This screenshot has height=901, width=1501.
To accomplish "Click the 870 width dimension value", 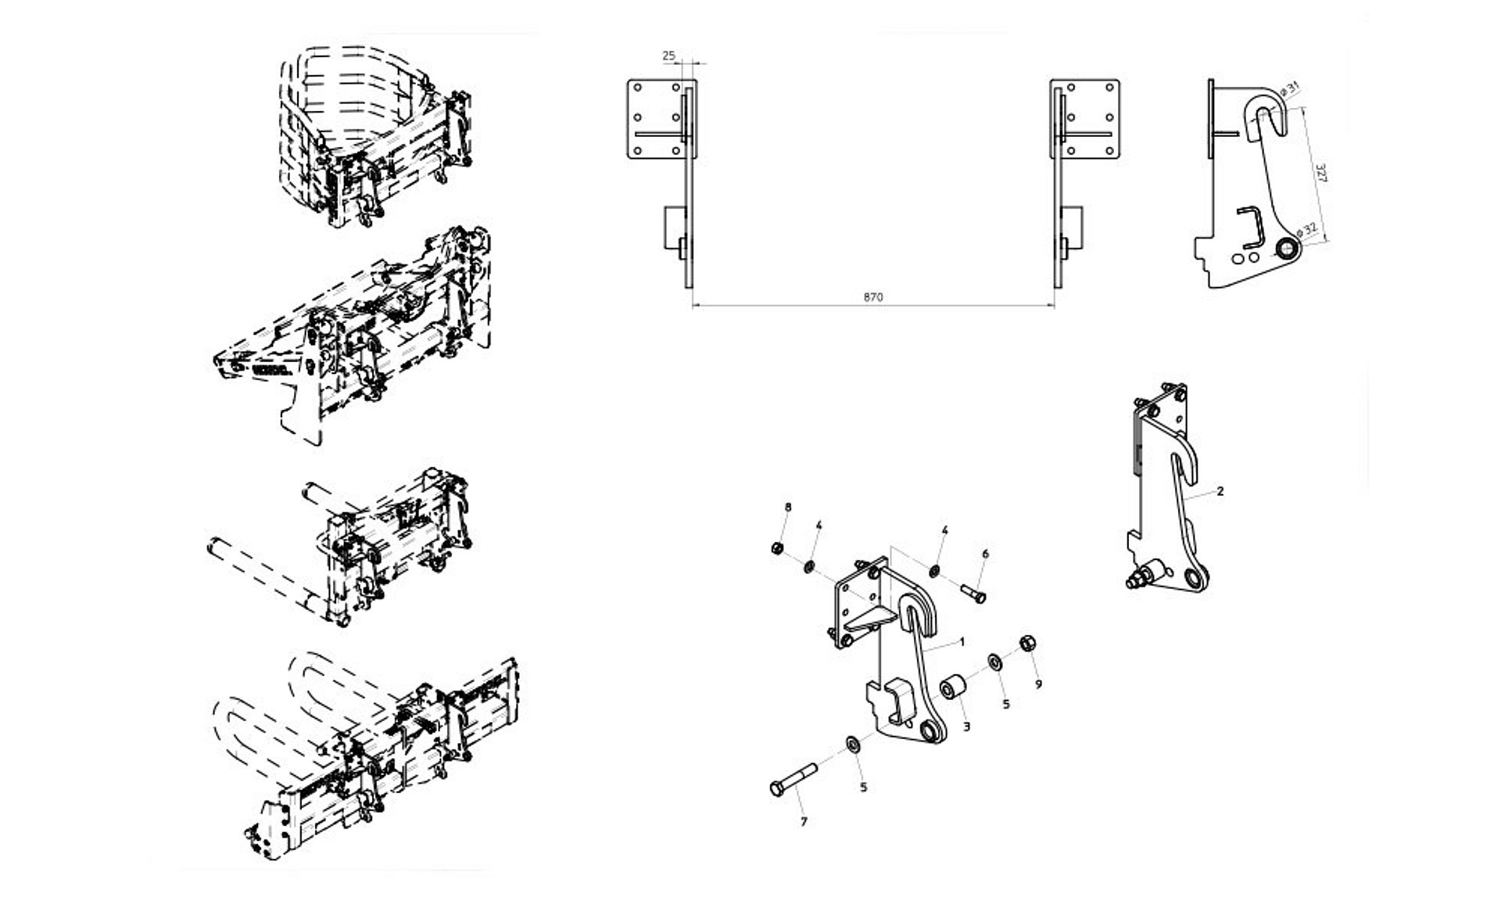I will (x=873, y=297).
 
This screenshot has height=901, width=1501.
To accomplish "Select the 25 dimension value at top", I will (x=668, y=56).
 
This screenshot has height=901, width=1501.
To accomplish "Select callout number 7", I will (x=803, y=822).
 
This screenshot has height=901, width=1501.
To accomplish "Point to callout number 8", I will (x=788, y=508).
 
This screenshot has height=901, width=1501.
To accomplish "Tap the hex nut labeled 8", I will (x=778, y=547).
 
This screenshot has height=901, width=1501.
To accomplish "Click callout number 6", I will (x=985, y=554).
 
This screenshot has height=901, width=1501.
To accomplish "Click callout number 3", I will (x=967, y=727).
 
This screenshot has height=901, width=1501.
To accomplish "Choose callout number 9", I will (x=1038, y=684).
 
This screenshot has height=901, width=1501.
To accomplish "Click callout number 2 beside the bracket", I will (x=1220, y=492).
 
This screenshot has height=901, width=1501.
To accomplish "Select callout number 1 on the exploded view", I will (x=962, y=642).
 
